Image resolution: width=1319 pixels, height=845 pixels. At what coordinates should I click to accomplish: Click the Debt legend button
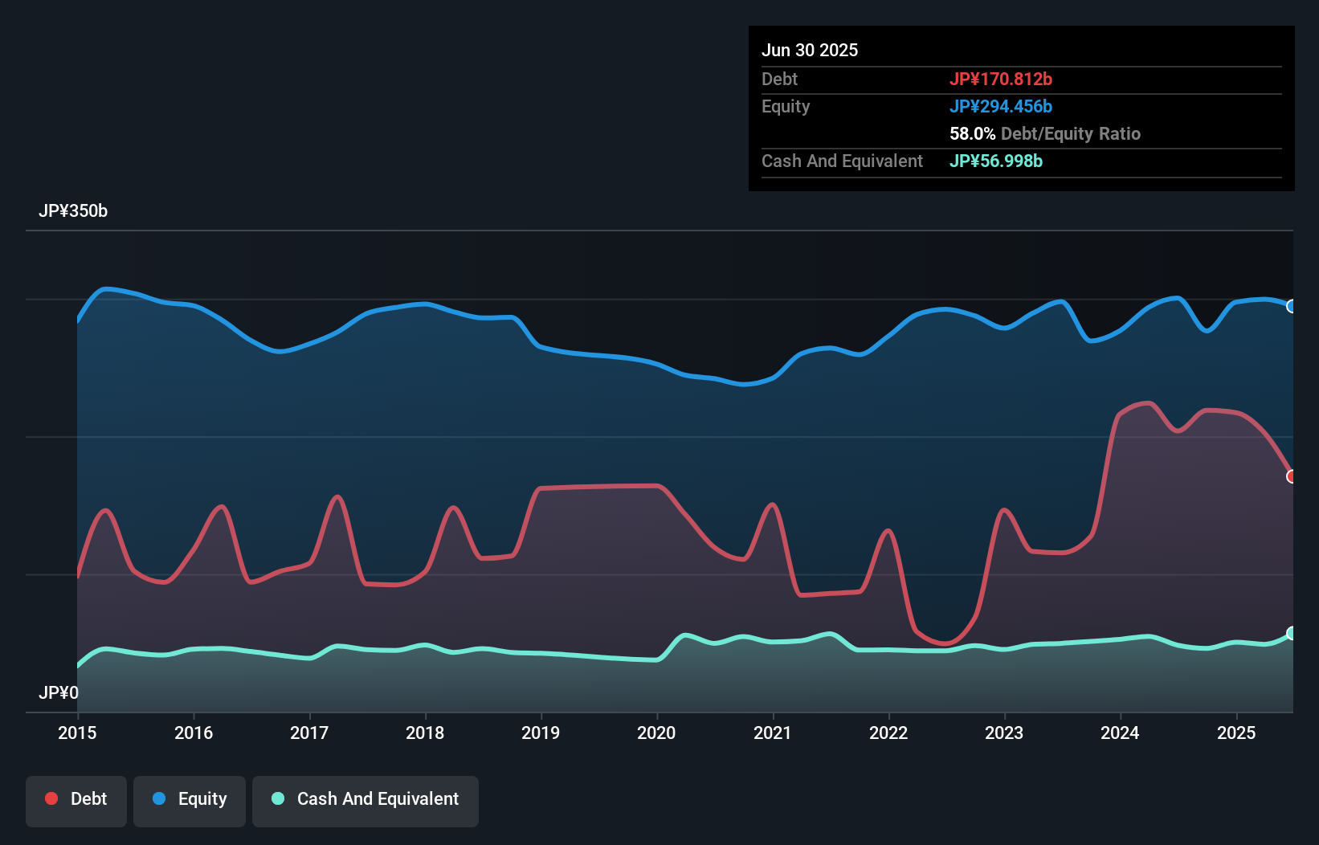tap(76, 799)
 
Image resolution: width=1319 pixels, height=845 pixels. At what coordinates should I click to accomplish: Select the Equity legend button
tap(190, 799)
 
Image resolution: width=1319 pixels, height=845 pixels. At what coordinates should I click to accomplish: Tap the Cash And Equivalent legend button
tap(365, 799)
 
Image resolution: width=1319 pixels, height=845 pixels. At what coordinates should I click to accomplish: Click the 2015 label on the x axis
tap(77, 733)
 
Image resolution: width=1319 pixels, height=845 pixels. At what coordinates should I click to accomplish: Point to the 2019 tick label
tap(541, 733)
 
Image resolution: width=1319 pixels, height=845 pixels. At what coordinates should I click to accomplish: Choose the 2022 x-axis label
tap(888, 733)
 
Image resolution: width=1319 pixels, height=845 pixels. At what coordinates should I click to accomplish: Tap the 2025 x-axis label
tap(1236, 733)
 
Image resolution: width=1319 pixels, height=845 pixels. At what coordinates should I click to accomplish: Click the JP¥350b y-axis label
tap(73, 211)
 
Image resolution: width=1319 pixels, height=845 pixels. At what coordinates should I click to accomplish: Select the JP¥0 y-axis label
tap(59, 692)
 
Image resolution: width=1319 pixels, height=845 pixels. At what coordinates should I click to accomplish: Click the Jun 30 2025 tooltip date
tap(810, 51)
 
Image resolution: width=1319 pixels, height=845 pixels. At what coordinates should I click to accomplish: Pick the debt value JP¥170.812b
tap(1001, 80)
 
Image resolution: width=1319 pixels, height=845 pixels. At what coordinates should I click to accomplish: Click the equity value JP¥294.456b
tap(1001, 107)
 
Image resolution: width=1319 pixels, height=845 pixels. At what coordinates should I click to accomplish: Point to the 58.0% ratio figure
tap(972, 134)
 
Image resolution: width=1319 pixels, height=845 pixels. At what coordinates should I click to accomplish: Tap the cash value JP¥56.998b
tap(996, 161)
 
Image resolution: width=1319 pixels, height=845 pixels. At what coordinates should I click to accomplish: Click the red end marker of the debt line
tap(1292, 476)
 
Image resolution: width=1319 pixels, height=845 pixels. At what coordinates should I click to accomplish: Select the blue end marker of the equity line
tap(1292, 306)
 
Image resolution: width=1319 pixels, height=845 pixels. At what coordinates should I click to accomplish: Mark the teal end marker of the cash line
tap(1292, 633)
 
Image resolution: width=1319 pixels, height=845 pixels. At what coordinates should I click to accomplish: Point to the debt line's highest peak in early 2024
tap(1149, 403)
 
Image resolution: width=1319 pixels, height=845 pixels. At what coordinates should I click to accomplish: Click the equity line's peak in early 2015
tap(106, 288)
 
